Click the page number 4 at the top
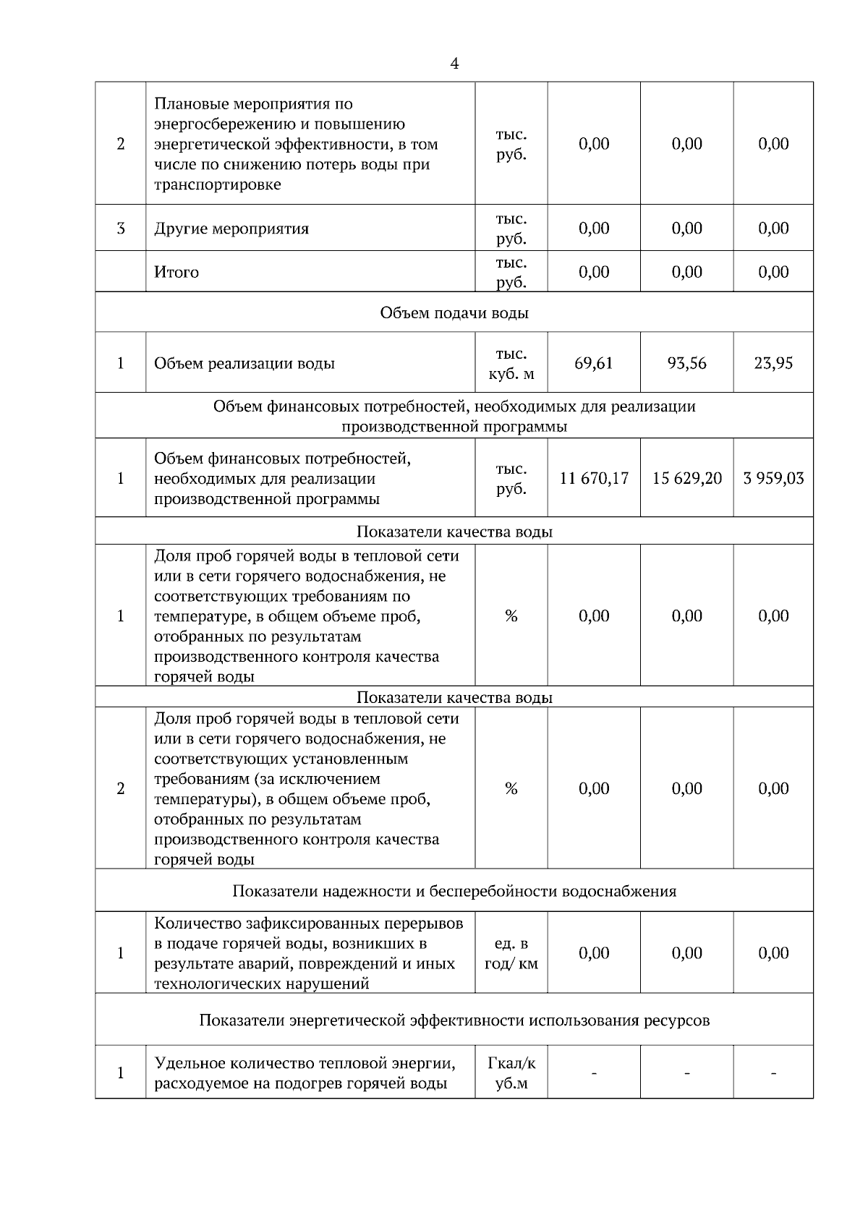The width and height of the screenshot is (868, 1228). [454, 64]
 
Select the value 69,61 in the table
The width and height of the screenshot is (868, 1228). [593, 363]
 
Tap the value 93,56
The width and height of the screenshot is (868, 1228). [686, 363]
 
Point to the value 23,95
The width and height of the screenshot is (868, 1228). [773, 363]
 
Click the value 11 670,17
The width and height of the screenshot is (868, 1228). [594, 478]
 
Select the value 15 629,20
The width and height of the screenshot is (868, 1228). [686, 478]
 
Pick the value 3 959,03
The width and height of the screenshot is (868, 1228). [773, 478]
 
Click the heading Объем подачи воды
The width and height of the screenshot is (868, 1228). [454, 313]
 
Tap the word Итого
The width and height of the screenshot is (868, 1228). [176, 273]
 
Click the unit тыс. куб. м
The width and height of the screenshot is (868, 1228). [511, 364]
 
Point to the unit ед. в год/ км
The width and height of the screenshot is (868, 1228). [511, 954]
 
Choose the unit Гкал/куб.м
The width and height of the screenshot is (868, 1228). [511, 1073]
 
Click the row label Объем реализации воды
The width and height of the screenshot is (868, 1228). [244, 364]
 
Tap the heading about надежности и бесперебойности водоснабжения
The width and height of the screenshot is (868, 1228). [454, 891]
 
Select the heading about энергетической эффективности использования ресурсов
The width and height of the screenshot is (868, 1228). [454, 1020]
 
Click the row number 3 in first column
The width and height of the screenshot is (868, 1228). [121, 229]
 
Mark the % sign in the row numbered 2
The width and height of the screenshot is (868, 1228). [511, 789]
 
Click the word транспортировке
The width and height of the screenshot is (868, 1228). [218, 184]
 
